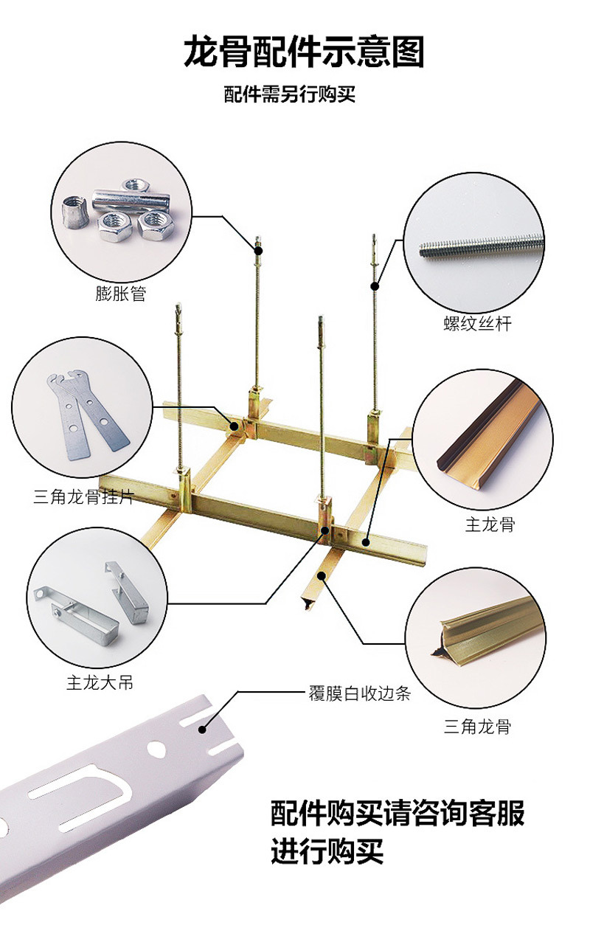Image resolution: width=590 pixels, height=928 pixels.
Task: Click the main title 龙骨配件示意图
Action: [304, 53]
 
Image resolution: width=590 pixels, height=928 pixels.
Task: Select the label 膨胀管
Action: [121, 294]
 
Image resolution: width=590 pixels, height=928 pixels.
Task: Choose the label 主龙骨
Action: [490, 525]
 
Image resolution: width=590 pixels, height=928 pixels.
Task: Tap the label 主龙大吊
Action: [100, 683]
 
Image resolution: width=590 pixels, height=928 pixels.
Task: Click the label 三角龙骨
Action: [477, 727]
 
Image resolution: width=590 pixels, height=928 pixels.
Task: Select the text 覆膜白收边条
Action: [359, 693]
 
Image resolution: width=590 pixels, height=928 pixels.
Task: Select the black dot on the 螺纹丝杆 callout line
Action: [375, 285]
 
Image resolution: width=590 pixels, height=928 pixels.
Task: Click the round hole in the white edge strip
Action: [156, 748]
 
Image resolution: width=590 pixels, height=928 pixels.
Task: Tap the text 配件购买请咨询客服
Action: [398, 814]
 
